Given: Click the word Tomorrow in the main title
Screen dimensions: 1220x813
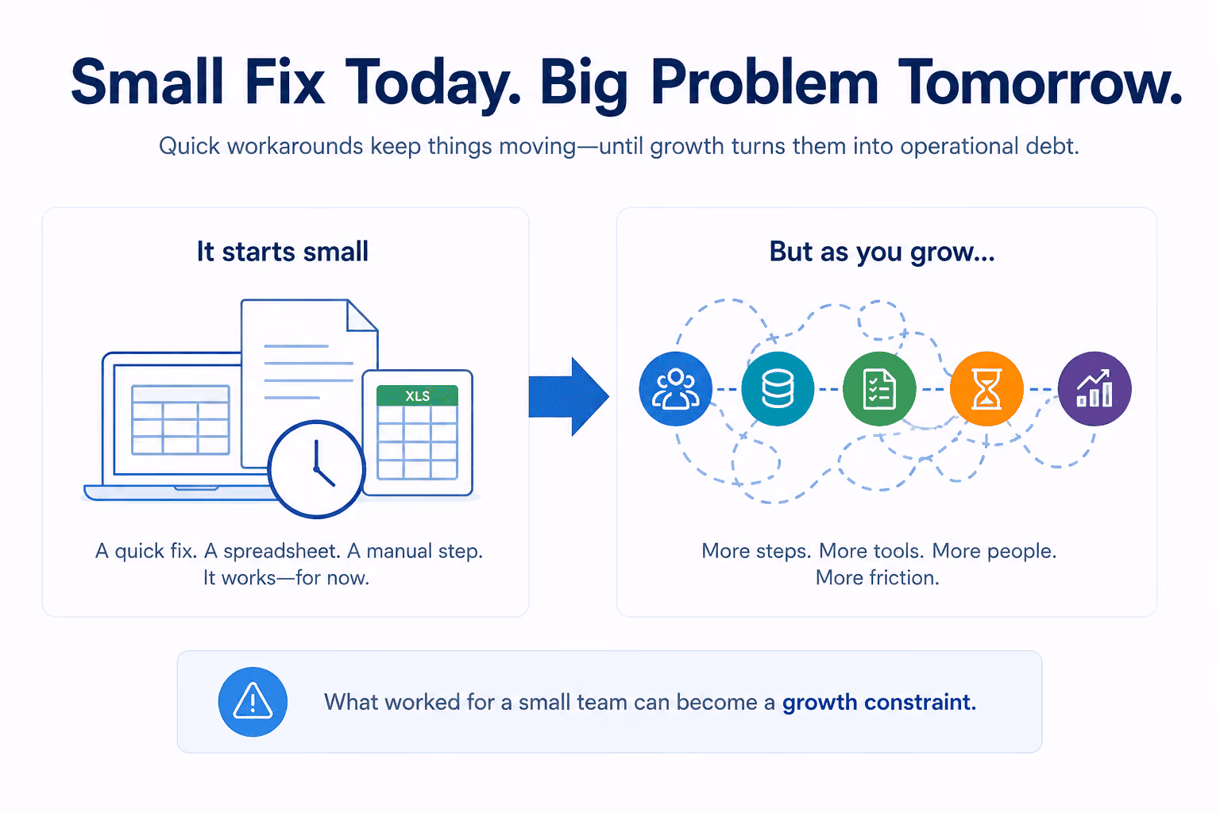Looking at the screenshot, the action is pos(1039,82).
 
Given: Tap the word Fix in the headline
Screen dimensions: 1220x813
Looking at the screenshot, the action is pos(284,82).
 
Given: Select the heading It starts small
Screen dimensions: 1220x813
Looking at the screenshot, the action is pos(283,252).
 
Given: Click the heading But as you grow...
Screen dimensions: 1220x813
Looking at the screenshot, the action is pos(882,252).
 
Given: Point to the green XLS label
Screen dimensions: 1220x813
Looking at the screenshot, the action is pos(417,396).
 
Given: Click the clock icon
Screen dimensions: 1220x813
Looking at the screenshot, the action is pos(316,469).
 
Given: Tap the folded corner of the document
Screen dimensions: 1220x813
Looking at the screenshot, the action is pos(362,315).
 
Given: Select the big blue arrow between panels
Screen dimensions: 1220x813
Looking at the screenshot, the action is pos(569,396).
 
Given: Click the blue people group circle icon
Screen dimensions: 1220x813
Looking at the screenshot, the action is pos(675,389).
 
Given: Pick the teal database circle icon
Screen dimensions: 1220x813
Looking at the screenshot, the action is pos(778,389).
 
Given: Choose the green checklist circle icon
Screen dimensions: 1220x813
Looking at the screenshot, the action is pos(879,389).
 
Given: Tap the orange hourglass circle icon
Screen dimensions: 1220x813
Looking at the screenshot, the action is pos(986,389).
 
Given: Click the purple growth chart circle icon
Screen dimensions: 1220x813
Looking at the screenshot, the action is pos(1095,389).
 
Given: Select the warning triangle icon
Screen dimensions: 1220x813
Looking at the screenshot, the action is pos(253,701).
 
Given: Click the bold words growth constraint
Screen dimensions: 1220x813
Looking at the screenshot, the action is pos(879,703).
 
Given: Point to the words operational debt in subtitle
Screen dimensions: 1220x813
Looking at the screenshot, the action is pos(989,146).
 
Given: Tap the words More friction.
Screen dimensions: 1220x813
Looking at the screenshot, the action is pos(878,577).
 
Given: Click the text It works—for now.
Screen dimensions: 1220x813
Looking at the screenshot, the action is pos(287,577).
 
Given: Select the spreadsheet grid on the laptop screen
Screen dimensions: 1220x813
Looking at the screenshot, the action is pos(180,419).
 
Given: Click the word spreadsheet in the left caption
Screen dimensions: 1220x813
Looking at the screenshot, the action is pos(282,551).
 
